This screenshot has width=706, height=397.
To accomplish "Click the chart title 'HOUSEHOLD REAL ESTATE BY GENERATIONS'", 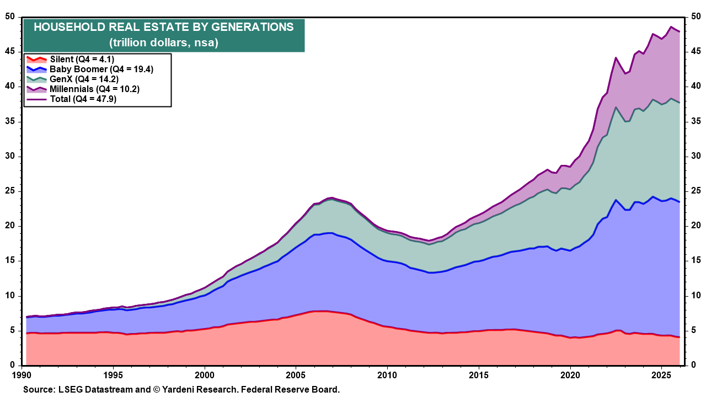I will tap(164, 28).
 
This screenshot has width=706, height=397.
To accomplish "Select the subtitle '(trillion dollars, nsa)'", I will tap(164, 42).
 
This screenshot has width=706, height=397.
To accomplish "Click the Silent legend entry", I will tap(83, 59).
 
